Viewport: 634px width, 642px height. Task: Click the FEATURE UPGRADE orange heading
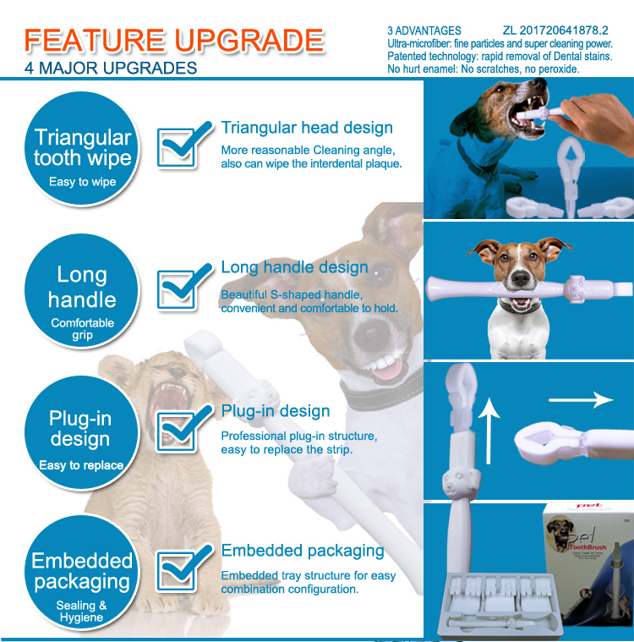[x=174, y=41]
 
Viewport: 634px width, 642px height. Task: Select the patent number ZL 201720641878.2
[x=561, y=31]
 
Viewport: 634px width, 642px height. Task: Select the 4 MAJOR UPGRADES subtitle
[x=111, y=68]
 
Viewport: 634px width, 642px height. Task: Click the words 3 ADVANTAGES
[x=424, y=31]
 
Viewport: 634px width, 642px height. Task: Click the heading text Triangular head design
[x=307, y=128]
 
